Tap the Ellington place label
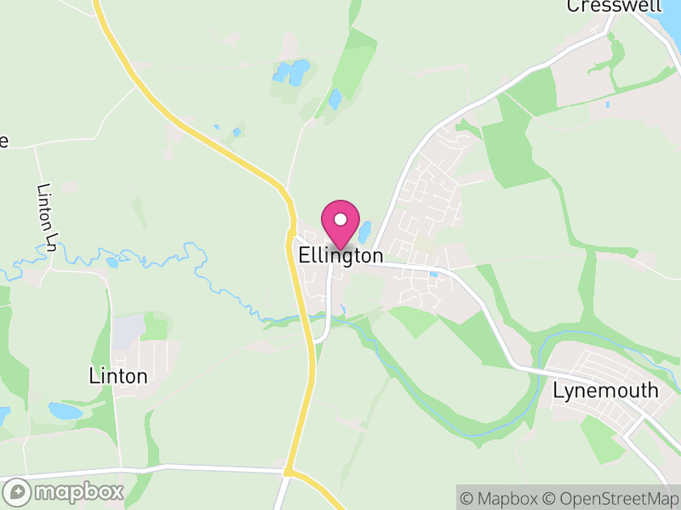click(x=340, y=256)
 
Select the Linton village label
click(x=118, y=376)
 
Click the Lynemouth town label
click(x=605, y=391)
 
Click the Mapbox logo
click(x=65, y=491)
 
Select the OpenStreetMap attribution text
click(x=609, y=497)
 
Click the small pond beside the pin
click(x=366, y=231)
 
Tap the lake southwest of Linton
click(x=66, y=411)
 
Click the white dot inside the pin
click(x=340, y=219)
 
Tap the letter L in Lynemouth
click(x=558, y=391)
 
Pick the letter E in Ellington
click(x=305, y=256)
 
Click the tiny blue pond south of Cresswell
click(x=607, y=105)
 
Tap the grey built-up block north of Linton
click(x=129, y=331)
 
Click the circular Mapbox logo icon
click(x=17, y=491)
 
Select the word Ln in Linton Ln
click(x=49, y=241)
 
